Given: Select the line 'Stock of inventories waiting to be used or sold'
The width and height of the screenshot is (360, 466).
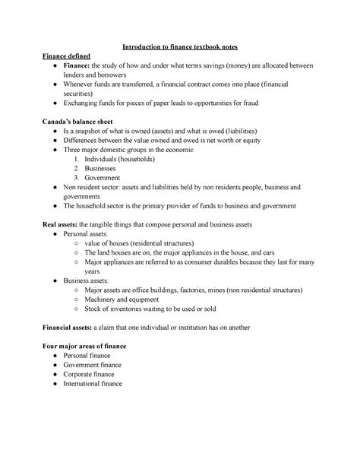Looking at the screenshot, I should tap(164, 309).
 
